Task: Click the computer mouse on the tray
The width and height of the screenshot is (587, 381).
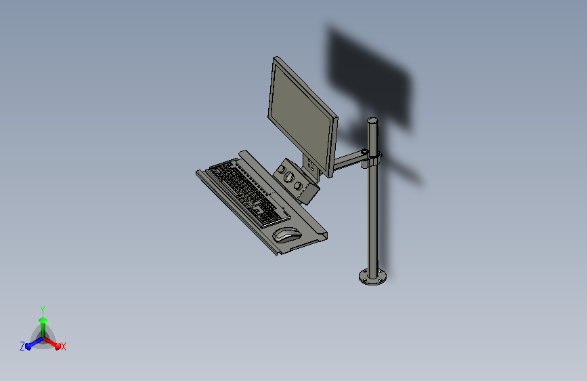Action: point(287,235)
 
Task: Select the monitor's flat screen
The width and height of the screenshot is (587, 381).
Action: point(301,117)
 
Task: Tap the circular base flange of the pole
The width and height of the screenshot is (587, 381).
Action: point(372,277)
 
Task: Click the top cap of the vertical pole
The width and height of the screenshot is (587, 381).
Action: point(372,121)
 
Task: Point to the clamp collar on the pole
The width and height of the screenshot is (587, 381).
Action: point(372,159)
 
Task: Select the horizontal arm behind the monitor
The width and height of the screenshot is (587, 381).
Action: point(348,159)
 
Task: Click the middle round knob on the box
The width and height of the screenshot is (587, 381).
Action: point(289,177)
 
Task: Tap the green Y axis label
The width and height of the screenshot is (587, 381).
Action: point(43,310)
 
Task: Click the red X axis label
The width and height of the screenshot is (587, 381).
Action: point(63,347)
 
